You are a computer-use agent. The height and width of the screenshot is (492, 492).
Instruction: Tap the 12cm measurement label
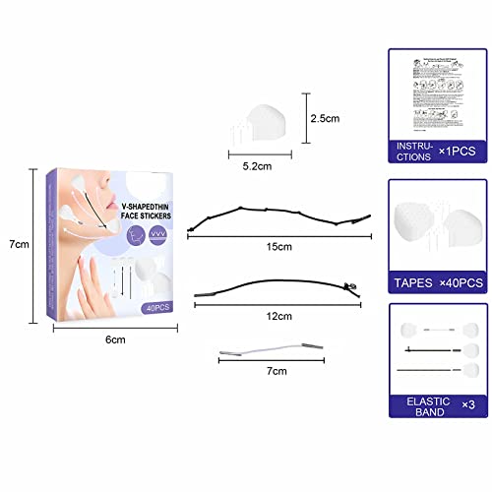[279, 316]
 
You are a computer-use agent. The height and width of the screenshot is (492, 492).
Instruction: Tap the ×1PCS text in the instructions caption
[459, 151]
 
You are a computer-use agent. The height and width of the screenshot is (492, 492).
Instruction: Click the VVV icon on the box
[158, 235]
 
